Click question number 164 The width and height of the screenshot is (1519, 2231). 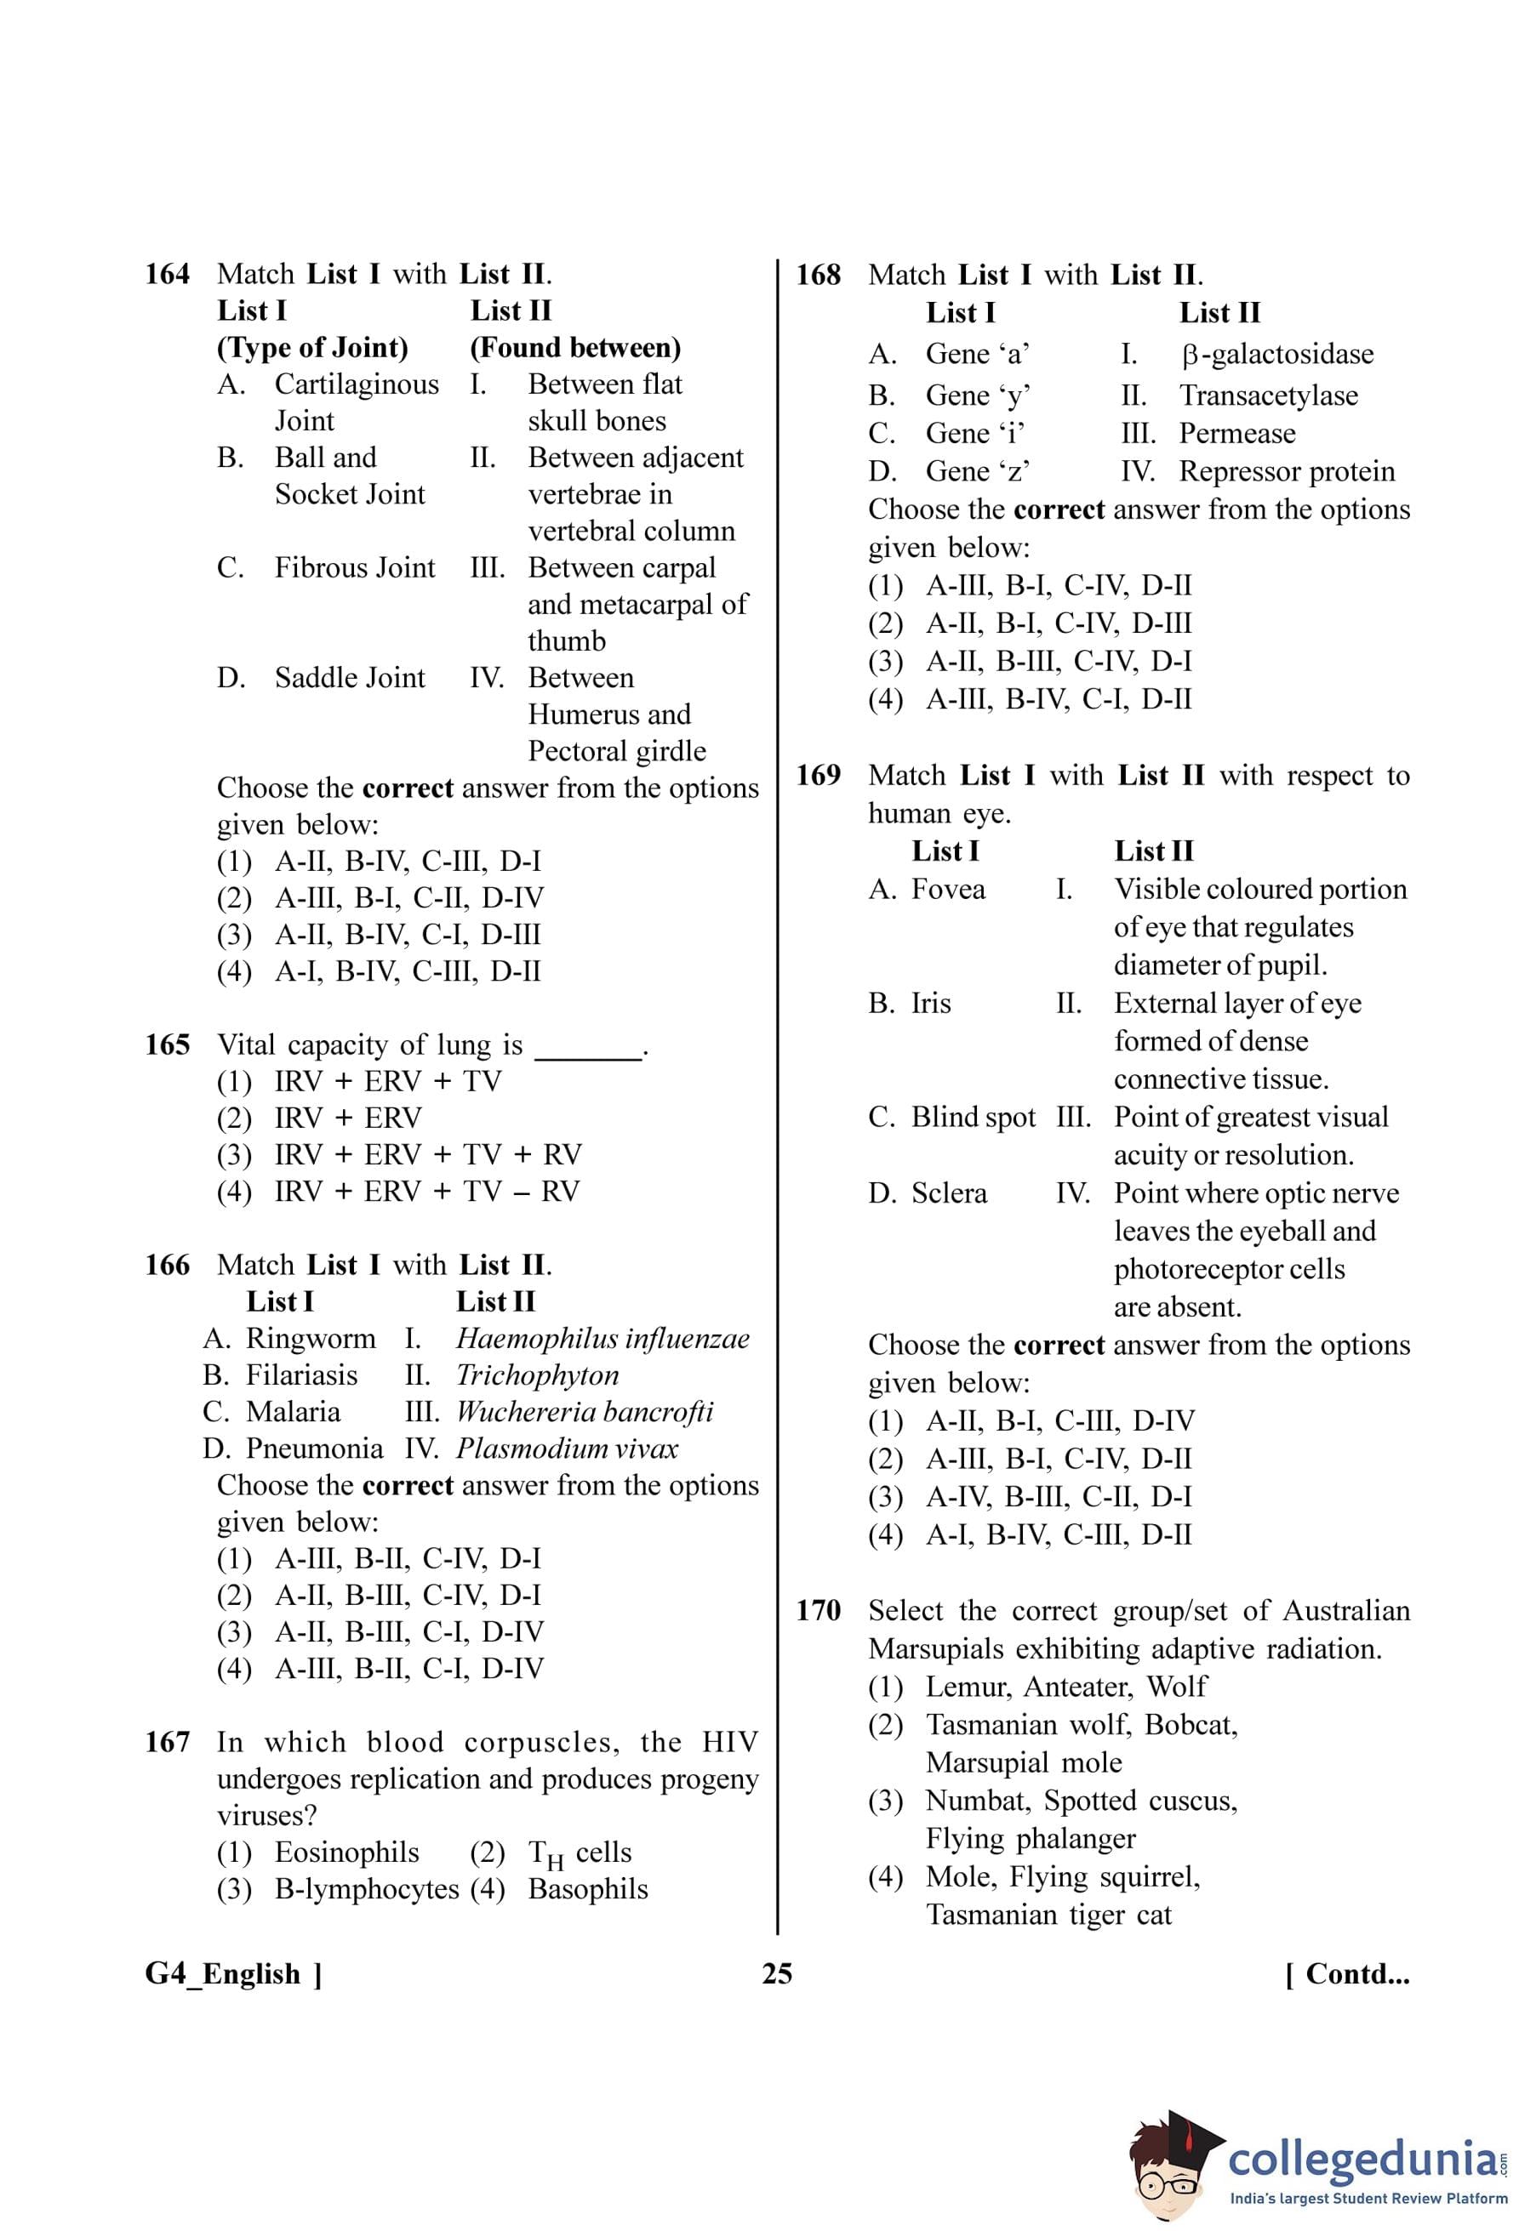point(167,275)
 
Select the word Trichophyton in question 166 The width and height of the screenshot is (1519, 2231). point(537,1375)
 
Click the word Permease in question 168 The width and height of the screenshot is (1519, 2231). point(1236,434)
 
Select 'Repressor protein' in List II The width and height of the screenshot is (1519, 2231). point(1287,472)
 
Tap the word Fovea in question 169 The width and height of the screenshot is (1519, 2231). point(948,890)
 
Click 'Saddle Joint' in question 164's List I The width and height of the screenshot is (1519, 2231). point(350,678)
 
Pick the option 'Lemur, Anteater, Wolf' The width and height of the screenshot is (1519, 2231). point(1065,1687)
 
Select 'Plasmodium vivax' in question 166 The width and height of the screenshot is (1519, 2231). point(567,1448)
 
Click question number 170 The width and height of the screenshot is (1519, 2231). point(818,1611)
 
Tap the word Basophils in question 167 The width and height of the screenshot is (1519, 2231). point(588,1889)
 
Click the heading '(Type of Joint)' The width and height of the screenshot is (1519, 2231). point(312,348)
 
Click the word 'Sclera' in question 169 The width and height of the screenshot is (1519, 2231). point(949,1193)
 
